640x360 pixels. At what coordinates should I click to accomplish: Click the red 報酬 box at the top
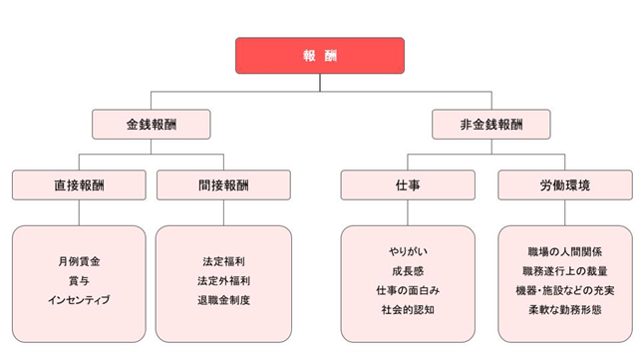320,56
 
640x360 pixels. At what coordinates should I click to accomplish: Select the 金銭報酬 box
152,125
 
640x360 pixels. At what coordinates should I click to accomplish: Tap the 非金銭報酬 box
490,125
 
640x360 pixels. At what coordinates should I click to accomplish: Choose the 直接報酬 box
79,185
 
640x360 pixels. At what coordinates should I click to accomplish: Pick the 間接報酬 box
223,185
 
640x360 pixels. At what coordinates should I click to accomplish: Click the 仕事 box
408,185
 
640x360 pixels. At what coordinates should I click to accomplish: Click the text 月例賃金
79,261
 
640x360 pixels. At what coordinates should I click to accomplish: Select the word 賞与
79,280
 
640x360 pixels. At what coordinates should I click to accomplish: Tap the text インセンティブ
79,299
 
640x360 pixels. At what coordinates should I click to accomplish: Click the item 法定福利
223,261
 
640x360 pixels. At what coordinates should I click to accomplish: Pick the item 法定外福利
223,280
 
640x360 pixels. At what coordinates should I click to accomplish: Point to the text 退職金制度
223,299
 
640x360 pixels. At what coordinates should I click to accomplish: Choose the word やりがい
408,251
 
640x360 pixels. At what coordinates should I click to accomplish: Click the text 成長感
408,270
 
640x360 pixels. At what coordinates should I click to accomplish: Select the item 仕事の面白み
408,289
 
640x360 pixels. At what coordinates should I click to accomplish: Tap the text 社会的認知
408,309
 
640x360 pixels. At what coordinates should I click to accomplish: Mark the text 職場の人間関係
563,251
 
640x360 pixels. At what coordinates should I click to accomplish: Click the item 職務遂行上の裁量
563,270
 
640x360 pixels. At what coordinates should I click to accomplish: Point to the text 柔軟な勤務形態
563,309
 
